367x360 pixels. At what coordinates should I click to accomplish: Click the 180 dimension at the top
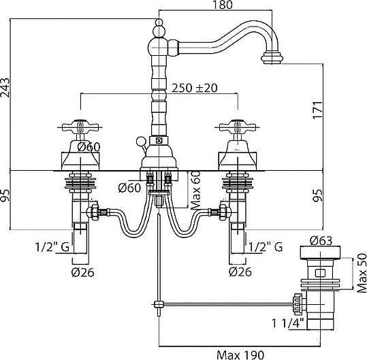click(x=222, y=5)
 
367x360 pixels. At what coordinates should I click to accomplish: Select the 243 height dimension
click(x=5, y=87)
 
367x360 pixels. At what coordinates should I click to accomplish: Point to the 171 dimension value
click(x=317, y=110)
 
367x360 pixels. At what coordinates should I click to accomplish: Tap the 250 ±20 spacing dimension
click(x=195, y=88)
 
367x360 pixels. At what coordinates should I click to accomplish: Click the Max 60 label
click(x=196, y=190)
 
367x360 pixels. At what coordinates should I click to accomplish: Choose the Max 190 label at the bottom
click(x=240, y=355)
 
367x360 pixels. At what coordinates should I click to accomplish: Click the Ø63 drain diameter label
click(x=321, y=241)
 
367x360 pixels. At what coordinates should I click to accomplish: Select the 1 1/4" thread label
click(x=288, y=323)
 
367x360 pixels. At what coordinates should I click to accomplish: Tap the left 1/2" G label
click(x=52, y=247)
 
